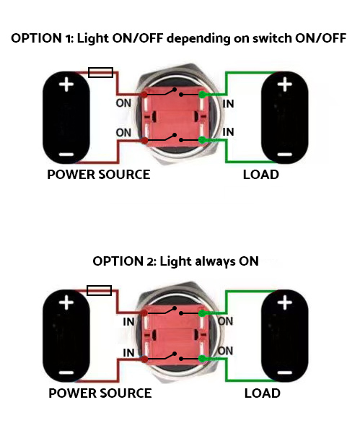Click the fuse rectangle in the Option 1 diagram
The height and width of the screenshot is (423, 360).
(100, 72)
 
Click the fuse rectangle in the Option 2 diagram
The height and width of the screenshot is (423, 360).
(100, 290)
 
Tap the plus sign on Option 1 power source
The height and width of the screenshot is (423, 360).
(66, 84)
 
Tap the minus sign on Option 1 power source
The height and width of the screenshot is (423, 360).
(66, 154)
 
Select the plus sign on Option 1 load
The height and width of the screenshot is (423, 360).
(285, 84)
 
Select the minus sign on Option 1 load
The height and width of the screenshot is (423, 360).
(285, 154)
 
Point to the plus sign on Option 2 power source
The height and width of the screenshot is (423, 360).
(66, 302)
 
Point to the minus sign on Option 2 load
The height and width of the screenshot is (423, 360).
(285, 372)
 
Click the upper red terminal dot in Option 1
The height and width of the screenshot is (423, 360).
(144, 95)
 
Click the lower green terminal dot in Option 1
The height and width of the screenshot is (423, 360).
(202, 140)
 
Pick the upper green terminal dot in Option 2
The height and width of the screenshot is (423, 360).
(202, 313)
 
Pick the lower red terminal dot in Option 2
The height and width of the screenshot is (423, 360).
(144, 359)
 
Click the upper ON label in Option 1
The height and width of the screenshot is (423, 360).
(123, 103)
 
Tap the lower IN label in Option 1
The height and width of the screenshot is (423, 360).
(228, 132)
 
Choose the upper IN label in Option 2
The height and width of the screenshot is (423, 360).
(128, 322)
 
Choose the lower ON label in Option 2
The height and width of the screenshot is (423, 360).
(225, 351)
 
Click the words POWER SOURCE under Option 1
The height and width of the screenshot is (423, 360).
(99, 175)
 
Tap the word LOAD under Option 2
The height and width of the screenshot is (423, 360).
(263, 393)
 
